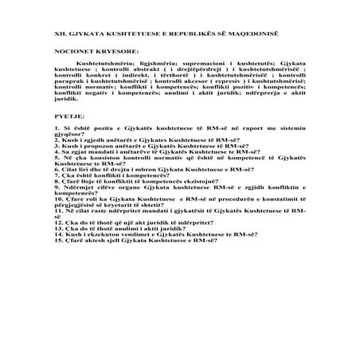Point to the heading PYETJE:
pyautogui.click(x=69, y=116)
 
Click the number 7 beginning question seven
pyautogui.click(x=57, y=175)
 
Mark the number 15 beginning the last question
pyautogui.click(x=59, y=239)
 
